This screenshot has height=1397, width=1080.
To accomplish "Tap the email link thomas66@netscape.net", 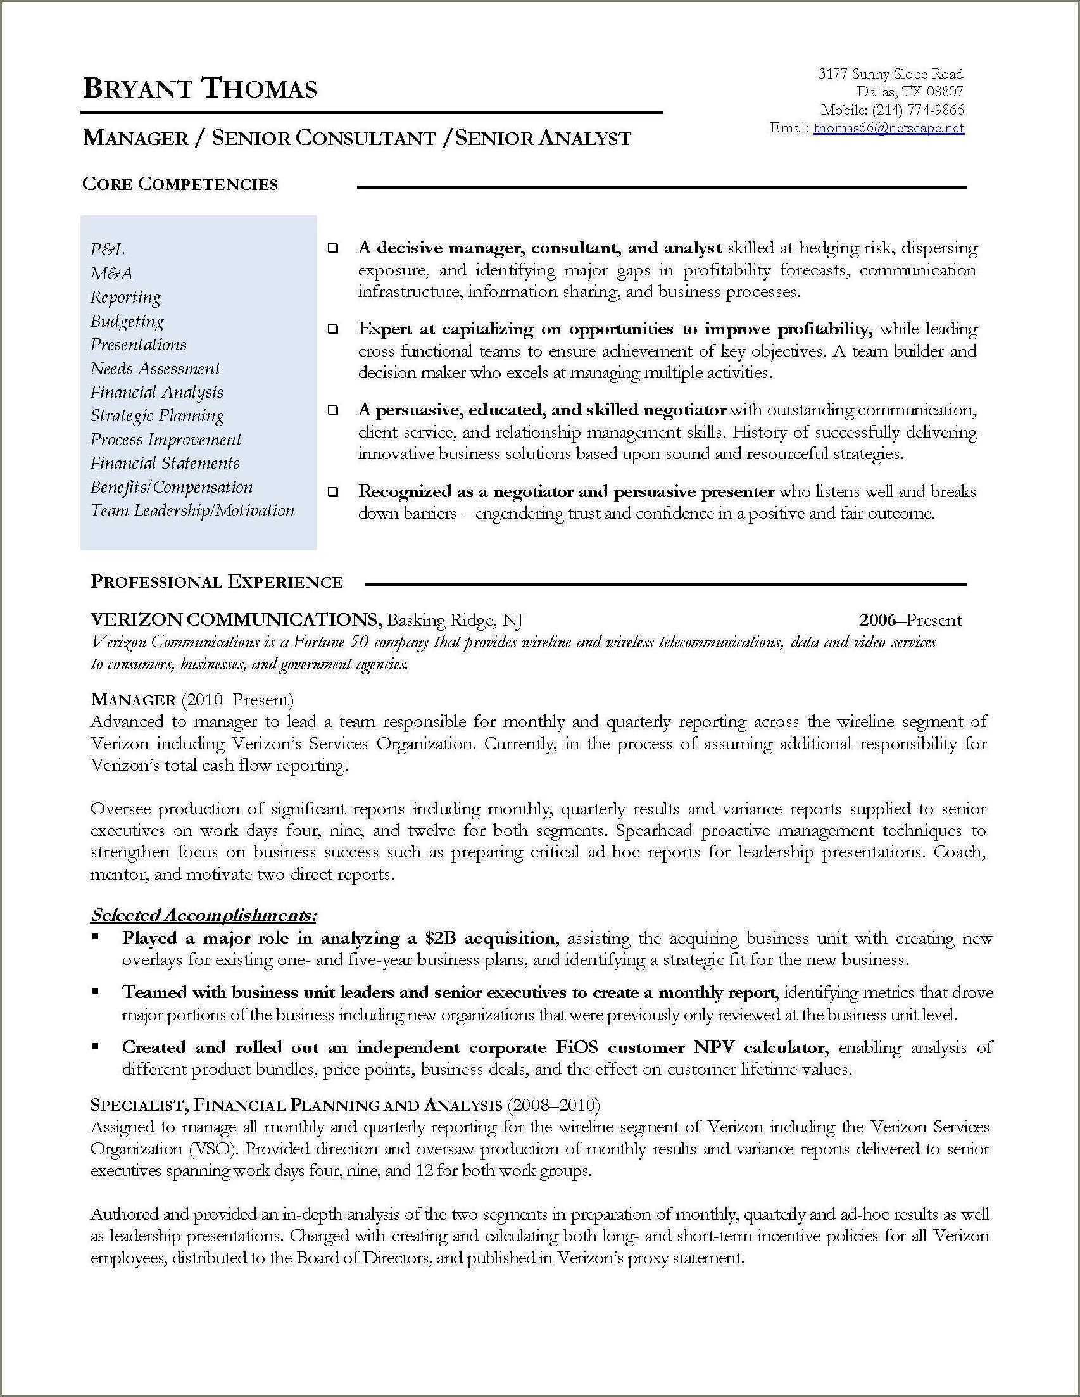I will [x=888, y=128].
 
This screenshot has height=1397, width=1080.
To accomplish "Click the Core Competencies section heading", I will [x=180, y=184].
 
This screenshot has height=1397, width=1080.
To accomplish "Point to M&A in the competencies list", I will [x=111, y=274].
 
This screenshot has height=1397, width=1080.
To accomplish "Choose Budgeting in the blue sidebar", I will [x=127, y=321].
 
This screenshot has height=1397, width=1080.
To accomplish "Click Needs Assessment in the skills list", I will [x=154, y=369].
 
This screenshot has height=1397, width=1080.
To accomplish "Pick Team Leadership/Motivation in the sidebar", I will [x=192, y=510].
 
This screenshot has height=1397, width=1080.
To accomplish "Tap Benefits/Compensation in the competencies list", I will [x=172, y=487].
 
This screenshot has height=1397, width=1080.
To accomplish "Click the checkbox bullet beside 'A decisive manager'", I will [x=333, y=249].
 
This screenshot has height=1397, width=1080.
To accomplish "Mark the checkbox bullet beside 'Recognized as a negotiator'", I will [x=333, y=493].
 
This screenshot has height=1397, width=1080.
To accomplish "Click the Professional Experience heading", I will [x=217, y=581].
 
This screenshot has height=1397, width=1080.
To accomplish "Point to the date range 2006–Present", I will [x=910, y=619].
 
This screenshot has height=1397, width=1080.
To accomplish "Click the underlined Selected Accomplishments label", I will [x=203, y=915].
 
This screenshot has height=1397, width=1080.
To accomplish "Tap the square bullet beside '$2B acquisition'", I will [x=95, y=937].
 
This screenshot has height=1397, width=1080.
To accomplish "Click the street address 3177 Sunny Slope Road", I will [x=890, y=74].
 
